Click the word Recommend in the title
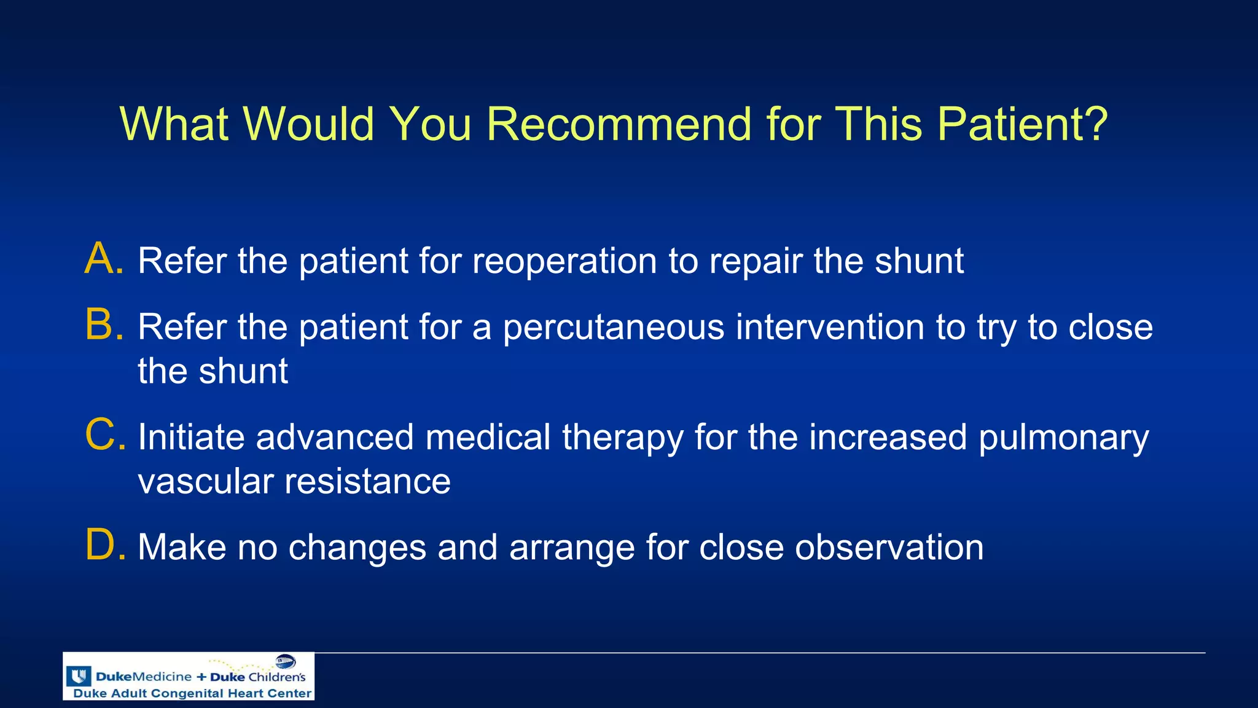tap(619, 125)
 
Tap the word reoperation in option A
tap(565, 261)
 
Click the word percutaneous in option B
tap(614, 328)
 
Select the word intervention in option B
tap(830, 327)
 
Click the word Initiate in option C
tap(191, 438)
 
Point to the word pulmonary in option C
tap(1063, 439)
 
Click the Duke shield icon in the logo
tap(79, 677)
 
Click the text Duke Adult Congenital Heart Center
tap(192, 693)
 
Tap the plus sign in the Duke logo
tap(201, 677)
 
